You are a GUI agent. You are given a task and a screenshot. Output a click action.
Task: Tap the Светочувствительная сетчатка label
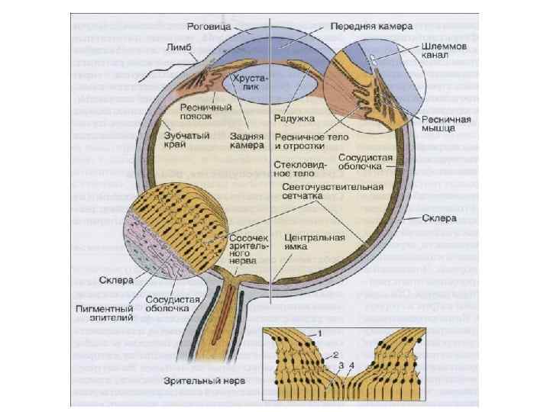pyautogui.click(x=319, y=192)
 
